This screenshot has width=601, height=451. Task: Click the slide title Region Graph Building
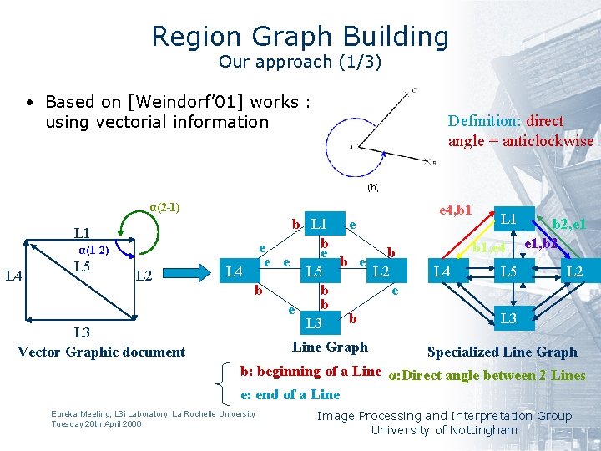pyautogui.click(x=300, y=37)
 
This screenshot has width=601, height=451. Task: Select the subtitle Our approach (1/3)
pyautogui.click(x=300, y=62)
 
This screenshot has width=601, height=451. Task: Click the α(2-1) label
pyautogui.click(x=164, y=207)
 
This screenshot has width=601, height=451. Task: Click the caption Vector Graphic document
pyautogui.click(x=101, y=352)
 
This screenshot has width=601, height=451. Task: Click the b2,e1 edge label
pyautogui.click(x=570, y=224)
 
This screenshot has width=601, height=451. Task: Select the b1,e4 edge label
pyautogui.click(x=489, y=246)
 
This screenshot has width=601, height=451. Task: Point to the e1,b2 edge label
pyautogui.click(x=541, y=244)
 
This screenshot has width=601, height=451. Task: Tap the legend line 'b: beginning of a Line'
pyautogui.click(x=311, y=372)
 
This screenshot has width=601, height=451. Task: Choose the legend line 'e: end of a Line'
pyautogui.click(x=290, y=394)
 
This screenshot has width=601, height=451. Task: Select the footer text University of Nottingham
pyautogui.click(x=444, y=430)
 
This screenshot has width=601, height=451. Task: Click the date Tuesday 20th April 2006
pyautogui.click(x=96, y=423)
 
